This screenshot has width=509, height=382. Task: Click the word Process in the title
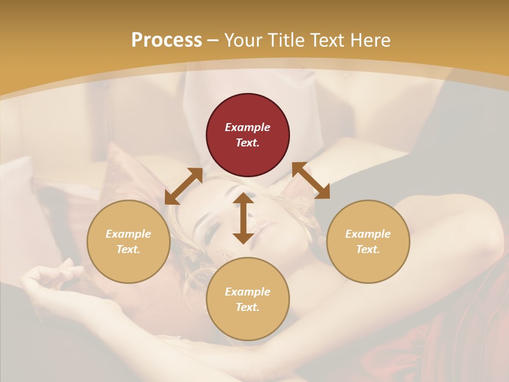166,40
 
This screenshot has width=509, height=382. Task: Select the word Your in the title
243,40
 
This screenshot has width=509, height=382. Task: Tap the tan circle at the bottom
248,324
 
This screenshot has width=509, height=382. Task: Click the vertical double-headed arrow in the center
243,218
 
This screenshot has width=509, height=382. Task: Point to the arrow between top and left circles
183,186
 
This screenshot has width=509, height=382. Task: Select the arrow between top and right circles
311,180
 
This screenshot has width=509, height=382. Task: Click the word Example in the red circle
248,127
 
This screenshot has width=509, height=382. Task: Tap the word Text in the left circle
128,249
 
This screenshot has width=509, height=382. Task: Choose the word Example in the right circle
368,234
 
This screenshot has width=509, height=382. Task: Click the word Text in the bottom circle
248,307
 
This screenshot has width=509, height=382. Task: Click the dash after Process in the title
213,41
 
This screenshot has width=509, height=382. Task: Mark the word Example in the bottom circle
248,292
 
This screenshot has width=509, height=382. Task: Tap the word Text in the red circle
248,143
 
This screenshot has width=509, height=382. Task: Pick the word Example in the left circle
128,234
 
